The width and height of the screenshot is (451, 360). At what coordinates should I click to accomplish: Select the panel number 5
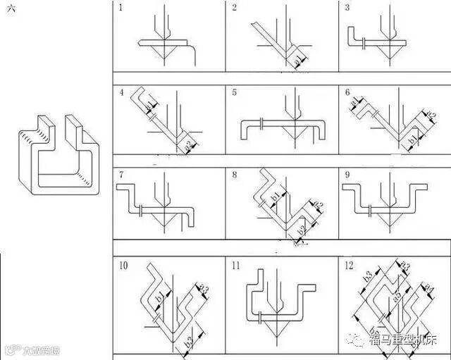(x=235, y=92)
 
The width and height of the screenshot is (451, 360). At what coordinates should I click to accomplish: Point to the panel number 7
(x=121, y=174)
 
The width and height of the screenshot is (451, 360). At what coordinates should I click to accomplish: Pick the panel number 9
(x=348, y=174)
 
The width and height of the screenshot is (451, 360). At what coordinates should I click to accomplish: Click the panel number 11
(x=236, y=266)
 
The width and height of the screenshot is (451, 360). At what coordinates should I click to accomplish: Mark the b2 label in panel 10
(x=189, y=343)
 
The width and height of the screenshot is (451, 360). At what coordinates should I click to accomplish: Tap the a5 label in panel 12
(x=399, y=299)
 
